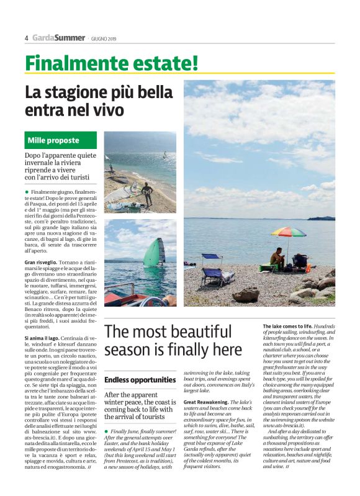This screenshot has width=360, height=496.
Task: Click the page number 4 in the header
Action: click(27, 38)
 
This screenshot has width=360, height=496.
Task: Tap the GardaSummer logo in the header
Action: click(58, 38)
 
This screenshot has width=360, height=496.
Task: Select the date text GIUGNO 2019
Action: click(104, 38)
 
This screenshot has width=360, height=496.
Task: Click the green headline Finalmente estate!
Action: click(112, 62)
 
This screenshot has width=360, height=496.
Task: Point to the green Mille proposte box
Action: click(61, 140)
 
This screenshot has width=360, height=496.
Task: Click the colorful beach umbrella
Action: click(289, 233)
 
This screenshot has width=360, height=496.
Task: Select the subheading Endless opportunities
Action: click(140, 379)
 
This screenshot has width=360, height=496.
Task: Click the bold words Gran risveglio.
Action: click(42, 262)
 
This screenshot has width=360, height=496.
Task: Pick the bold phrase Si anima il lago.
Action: click(47, 338)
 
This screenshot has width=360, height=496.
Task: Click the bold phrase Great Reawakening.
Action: click(205, 402)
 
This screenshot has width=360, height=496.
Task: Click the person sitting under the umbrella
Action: click(278, 257)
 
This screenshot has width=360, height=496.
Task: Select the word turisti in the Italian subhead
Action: click(80, 177)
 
